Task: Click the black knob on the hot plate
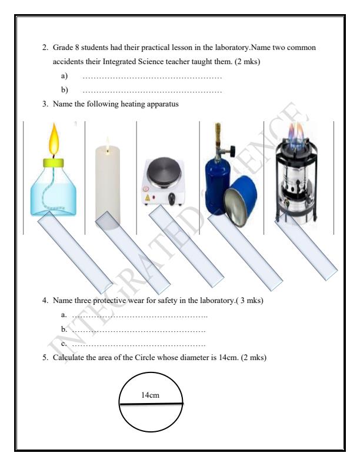tap(172, 198)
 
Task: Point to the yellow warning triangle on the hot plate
tap(147, 199)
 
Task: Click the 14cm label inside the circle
tap(151, 395)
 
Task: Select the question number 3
tap(45, 104)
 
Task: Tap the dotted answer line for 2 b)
tap(152, 90)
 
